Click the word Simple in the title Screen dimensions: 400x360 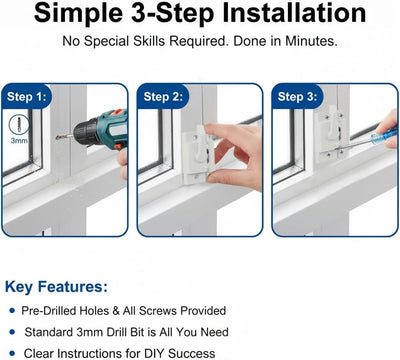pos(79,13)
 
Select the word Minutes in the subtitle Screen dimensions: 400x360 pos(311,41)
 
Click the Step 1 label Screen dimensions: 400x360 pos(29,97)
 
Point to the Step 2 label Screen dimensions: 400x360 pos(163,97)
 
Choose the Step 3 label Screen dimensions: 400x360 pos(297,97)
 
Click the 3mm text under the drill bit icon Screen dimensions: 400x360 pos(19,141)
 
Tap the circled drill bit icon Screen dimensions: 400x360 pos(19,125)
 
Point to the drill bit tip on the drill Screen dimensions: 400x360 pos(57,137)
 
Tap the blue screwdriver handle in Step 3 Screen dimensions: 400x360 pos(384,136)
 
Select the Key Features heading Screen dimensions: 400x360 pos(56,287)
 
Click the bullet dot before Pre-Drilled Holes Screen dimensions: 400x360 pos(12,311)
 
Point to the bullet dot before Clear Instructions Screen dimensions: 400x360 pos(12,353)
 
